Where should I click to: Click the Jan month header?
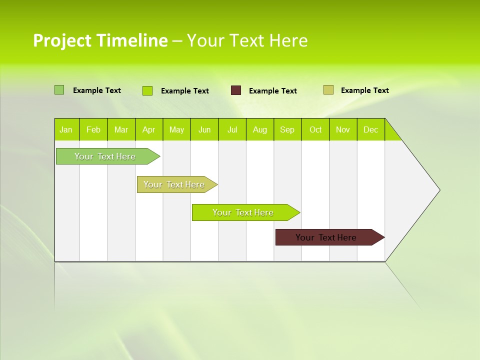[x=66, y=129]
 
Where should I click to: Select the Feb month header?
[x=93, y=129]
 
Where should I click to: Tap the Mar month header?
[x=121, y=129]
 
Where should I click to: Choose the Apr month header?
[x=149, y=129]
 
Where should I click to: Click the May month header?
[x=176, y=129]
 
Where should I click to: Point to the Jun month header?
[x=204, y=129]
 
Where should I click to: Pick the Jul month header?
[x=232, y=129]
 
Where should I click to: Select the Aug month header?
[x=260, y=129]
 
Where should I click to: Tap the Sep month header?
[x=287, y=129]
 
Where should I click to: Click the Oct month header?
[x=315, y=129]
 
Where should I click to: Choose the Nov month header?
[x=343, y=129]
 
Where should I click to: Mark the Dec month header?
[x=371, y=129]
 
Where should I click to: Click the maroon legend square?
[x=236, y=90]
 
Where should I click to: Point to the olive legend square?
[x=328, y=90]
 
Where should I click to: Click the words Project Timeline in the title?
[x=100, y=40]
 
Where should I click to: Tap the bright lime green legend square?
[x=147, y=90]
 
